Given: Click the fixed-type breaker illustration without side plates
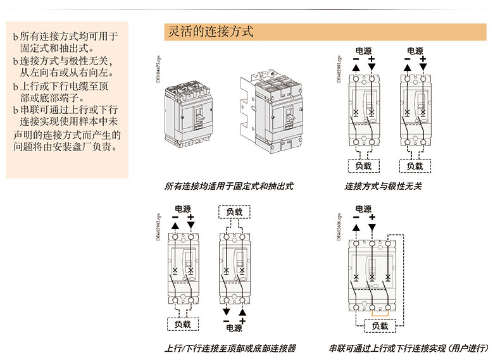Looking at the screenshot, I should [x=186, y=110].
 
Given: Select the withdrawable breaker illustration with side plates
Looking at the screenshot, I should [x=272, y=108].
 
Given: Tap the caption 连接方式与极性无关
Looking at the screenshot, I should [x=383, y=186].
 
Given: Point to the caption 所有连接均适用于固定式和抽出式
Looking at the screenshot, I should [x=228, y=186].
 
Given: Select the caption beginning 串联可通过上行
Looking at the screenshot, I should [x=408, y=348].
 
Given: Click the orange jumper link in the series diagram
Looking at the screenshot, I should [x=379, y=314].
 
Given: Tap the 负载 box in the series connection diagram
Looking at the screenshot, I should [x=380, y=326].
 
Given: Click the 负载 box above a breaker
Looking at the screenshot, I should [x=234, y=212].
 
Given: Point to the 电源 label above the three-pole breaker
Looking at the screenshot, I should [x=363, y=209].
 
